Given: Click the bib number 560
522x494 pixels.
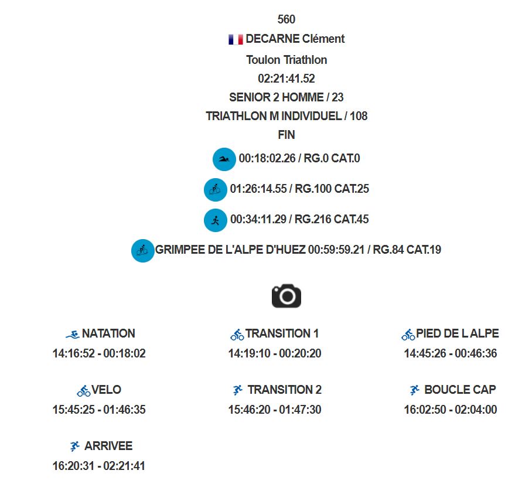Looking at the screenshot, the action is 286,19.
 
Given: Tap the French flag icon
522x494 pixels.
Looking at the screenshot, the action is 236,40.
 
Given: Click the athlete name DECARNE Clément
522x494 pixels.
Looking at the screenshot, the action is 295,39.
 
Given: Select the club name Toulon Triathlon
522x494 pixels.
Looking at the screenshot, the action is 286,60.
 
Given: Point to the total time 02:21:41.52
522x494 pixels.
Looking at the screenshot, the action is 286,79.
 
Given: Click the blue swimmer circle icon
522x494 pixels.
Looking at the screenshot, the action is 224,159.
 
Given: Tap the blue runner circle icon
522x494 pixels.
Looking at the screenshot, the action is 216,220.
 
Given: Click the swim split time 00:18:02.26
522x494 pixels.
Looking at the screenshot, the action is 267,158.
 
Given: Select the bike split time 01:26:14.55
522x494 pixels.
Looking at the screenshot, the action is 258,189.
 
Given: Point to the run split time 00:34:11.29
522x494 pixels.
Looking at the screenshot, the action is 258,219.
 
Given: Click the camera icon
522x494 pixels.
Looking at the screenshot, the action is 286,296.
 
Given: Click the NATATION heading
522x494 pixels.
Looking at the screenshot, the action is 108,333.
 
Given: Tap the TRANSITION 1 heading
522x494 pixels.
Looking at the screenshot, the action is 282,333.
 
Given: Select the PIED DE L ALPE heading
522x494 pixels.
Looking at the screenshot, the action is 458,333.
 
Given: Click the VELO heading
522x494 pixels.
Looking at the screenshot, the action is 106,390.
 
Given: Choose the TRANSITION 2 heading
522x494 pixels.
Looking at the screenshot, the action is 285,390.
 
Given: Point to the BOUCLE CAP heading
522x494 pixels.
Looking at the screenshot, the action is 460,390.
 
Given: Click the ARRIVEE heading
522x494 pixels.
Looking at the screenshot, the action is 108,446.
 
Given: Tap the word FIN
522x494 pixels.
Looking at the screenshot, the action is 286,135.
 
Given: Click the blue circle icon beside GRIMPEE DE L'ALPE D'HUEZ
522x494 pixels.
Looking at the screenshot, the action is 143,251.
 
